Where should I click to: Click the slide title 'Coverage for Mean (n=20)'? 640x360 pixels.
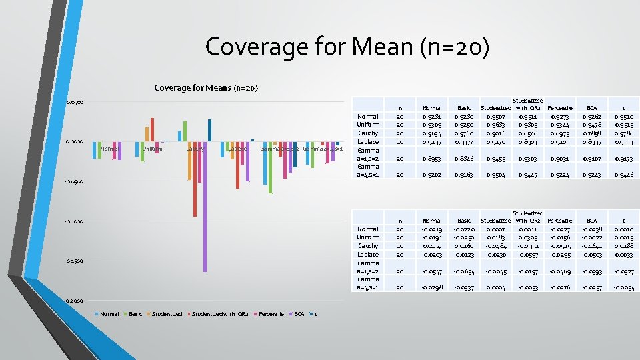click(347, 47)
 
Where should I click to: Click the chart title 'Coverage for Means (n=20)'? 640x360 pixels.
click(206, 88)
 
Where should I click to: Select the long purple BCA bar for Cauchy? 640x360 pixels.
click(205, 207)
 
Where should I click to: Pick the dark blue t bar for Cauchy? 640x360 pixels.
click(209, 130)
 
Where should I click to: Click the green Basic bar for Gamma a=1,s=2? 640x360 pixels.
click(271, 167)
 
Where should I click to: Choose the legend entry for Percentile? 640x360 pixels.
click(270, 314)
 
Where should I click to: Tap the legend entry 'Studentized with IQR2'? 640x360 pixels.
click(220, 314)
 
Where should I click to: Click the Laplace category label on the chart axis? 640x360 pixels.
click(237, 149)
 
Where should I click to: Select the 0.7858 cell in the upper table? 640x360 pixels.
click(592, 133)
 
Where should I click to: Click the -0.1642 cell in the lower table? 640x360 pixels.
click(592, 246)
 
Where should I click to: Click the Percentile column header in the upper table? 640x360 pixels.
click(559, 107)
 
